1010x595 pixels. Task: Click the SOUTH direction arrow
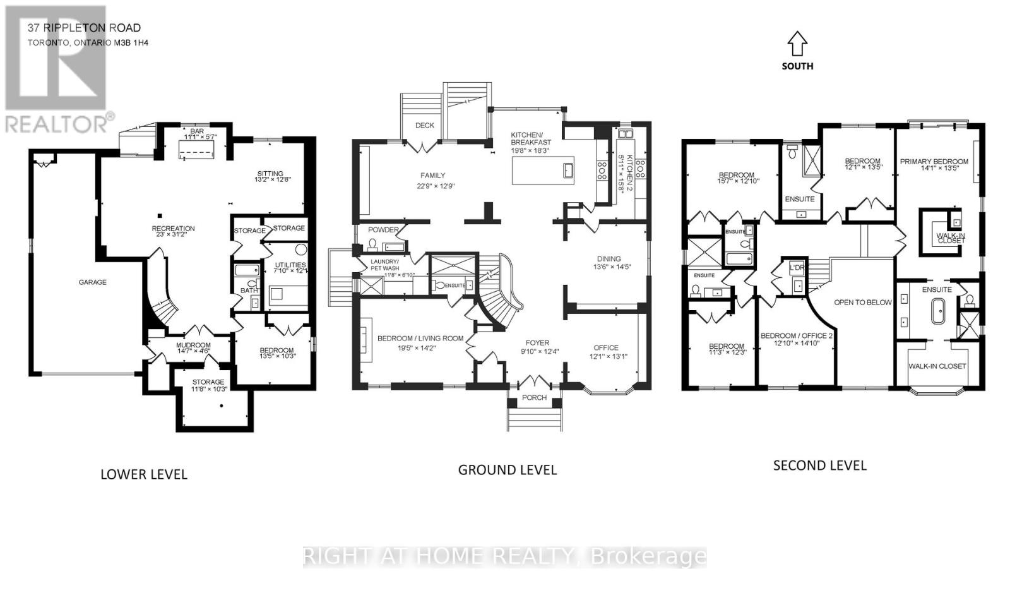click(797, 44)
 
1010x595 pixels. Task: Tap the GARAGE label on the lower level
click(92, 282)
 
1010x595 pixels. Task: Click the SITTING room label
click(270, 174)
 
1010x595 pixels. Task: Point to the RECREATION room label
click(173, 229)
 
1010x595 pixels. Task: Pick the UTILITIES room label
click(290, 265)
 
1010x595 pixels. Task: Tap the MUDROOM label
click(193, 346)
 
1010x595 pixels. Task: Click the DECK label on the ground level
click(424, 126)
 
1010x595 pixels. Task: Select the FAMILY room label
click(432, 176)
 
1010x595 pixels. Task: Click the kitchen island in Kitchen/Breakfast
click(543, 171)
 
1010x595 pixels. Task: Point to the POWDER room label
click(383, 230)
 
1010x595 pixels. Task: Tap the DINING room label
click(609, 259)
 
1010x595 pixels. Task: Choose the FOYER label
click(534, 343)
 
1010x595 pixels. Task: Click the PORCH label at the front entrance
click(534, 398)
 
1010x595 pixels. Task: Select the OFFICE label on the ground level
click(605, 348)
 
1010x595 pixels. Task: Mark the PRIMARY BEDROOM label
click(934, 162)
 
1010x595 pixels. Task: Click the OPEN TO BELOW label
click(862, 303)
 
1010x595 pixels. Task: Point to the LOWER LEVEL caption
click(144, 474)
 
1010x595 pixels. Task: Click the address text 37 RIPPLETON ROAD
click(84, 28)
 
